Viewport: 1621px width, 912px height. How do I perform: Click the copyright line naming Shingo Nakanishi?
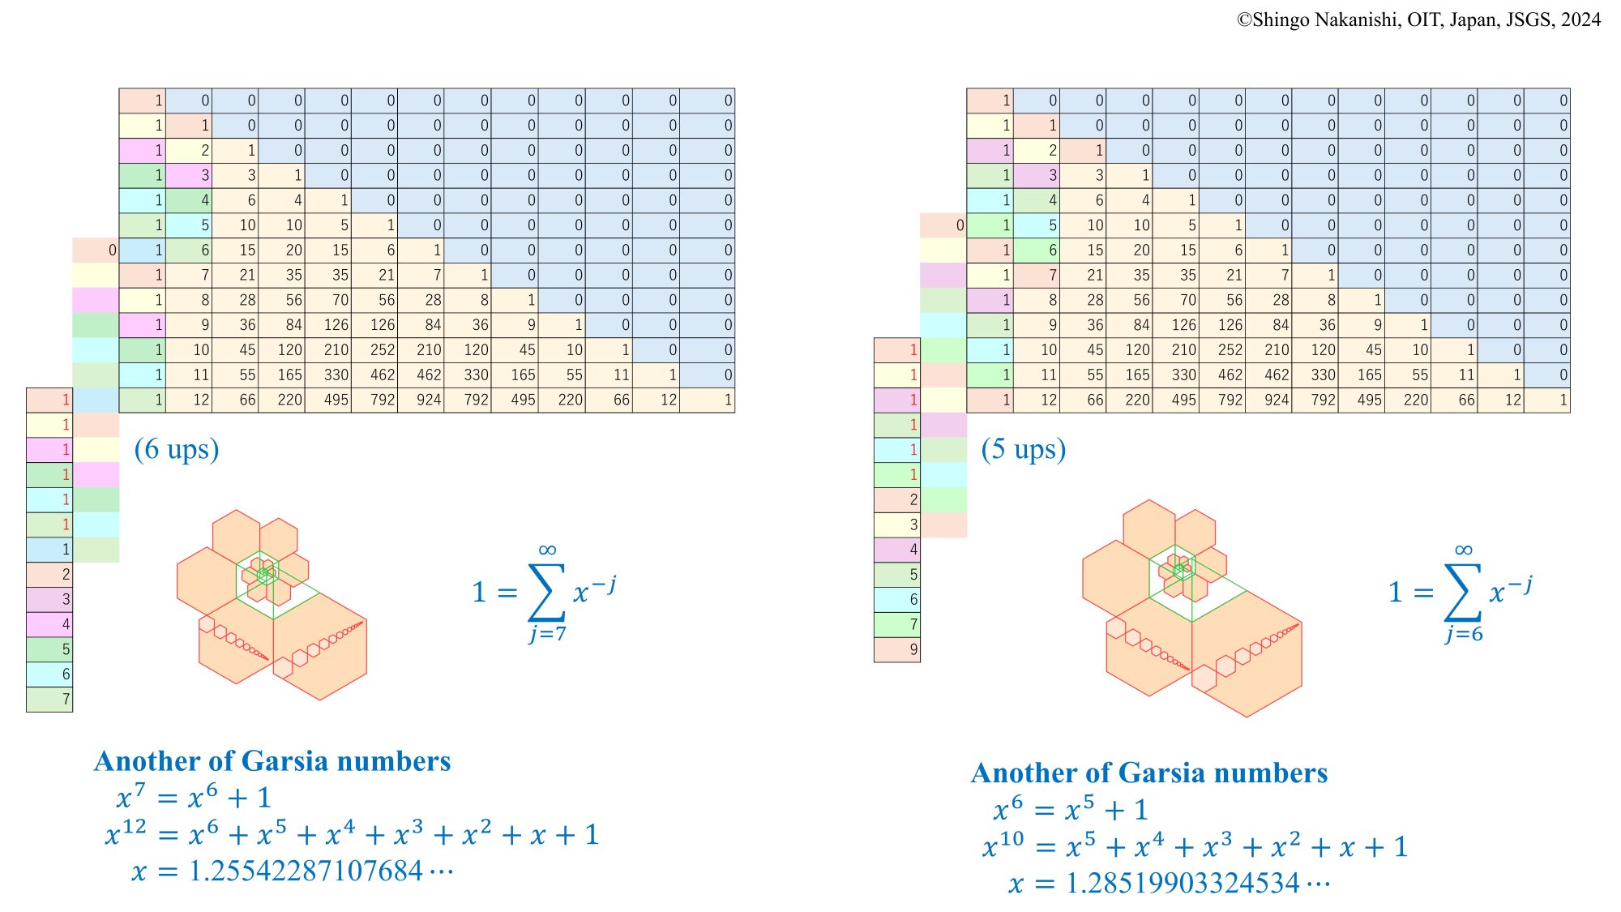click(1418, 19)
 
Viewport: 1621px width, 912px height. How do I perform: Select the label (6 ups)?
click(177, 449)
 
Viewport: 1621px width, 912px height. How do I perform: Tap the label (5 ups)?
click(1024, 449)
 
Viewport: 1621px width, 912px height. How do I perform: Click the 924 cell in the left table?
click(421, 400)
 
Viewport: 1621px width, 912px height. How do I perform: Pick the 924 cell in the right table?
click(1269, 400)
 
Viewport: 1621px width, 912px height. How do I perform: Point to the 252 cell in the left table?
click(375, 350)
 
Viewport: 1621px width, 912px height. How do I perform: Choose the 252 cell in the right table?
click(1223, 350)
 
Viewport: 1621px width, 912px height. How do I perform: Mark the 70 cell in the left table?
click(329, 300)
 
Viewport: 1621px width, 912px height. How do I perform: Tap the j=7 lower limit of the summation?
click(548, 634)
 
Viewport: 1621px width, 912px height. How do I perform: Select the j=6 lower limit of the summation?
click(1464, 634)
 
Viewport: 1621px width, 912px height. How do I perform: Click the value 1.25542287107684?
click(306, 871)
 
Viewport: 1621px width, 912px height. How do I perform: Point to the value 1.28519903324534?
click(1183, 883)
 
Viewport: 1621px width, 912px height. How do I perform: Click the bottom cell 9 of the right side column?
click(897, 649)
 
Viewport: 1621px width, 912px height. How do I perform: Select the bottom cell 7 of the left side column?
click(49, 700)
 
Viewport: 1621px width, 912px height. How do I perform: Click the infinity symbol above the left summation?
click(547, 550)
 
